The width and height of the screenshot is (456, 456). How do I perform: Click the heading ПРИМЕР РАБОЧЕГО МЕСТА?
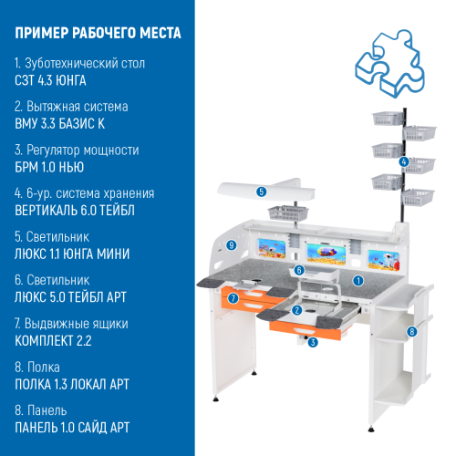pyautogui.click(x=98, y=34)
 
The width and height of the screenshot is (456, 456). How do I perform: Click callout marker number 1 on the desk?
pyautogui.click(x=358, y=282)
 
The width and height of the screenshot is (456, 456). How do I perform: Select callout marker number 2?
pyautogui.click(x=297, y=310)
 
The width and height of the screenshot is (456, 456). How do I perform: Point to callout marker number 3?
pyautogui.click(x=313, y=343)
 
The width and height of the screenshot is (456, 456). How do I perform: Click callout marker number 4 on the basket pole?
pyautogui.click(x=404, y=161)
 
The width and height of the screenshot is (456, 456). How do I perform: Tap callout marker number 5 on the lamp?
pyautogui.click(x=261, y=192)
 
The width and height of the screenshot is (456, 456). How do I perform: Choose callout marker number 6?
pyautogui.click(x=299, y=271)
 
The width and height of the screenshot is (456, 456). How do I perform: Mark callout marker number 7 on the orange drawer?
pyautogui.click(x=234, y=297)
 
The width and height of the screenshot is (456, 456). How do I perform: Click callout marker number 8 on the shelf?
pyautogui.click(x=411, y=331)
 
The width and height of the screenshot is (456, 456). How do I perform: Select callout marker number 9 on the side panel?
pyautogui.click(x=233, y=245)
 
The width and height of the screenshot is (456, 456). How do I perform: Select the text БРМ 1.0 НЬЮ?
pyautogui.click(x=49, y=167)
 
